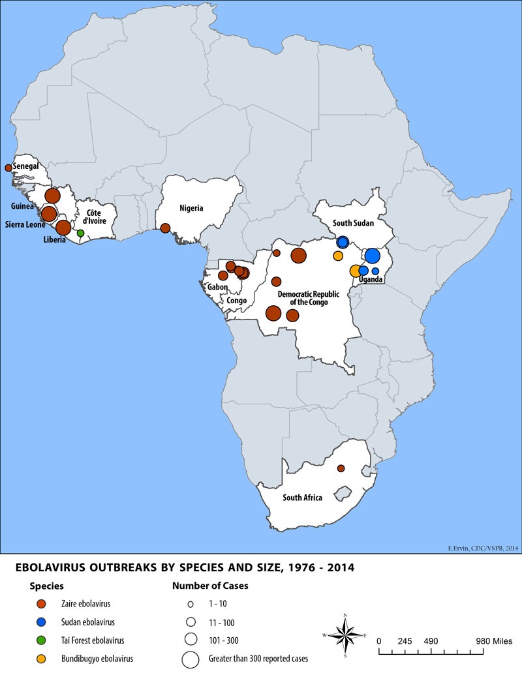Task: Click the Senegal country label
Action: (x=25, y=167)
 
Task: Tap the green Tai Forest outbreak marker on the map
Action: (x=80, y=233)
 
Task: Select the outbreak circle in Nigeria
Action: (x=165, y=228)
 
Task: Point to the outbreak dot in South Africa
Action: (x=341, y=468)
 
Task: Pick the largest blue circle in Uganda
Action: (x=373, y=255)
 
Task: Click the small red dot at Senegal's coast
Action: (x=8, y=168)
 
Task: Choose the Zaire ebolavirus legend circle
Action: (x=42, y=603)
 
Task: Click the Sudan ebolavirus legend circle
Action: (x=42, y=622)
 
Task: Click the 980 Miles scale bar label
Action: (x=493, y=640)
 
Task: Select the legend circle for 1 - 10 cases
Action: (x=191, y=604)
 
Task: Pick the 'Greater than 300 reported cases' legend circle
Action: (x=191, y=659)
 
